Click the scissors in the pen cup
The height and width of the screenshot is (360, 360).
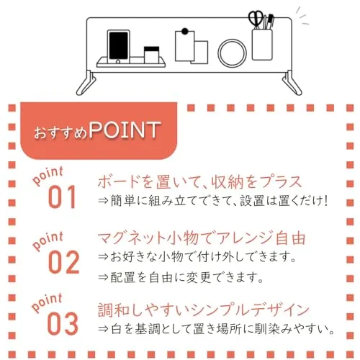pyautogui.click(x=256, y=19)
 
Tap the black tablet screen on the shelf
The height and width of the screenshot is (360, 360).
pyautogui.click(x=119, y=45)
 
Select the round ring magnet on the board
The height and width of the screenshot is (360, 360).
pyautogui.click(x=232, y=53)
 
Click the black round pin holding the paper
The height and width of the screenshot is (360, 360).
pyautogui.click(x=185, y=31)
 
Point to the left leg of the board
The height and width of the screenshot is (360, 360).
pyautogui.click(x=86, y=83)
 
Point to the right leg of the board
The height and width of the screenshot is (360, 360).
pyautogui.click(x=292, y=83)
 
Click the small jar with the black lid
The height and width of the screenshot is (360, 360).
pyautogui.click(x=151, y=55)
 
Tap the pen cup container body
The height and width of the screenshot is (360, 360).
pyautogui.click(x=262, y=45)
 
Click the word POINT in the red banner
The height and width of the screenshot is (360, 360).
pyautogui.click(x=125, y=130)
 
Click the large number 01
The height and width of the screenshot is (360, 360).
pyautogui.click(x=62, y=197)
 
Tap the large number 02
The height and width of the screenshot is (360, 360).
pyautogui.click(x=63, y=262)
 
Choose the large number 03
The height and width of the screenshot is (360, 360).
pyautogui.click(x=63, y=323)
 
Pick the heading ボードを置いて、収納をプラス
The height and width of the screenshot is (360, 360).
pyautogui.click(x=199, y=181)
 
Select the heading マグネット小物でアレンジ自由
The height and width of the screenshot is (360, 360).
pyautogui.click(x=202, y=238)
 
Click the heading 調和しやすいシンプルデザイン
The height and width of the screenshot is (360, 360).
pyautogui.click(x=204, y=310)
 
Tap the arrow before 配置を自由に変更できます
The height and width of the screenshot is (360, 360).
pyautogui.click(x=103, y=277)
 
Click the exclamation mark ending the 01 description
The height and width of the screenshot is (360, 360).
pyautogui.click(x=325, y=201)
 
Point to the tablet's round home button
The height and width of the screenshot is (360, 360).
pyautogui.click(x=118, y=62)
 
